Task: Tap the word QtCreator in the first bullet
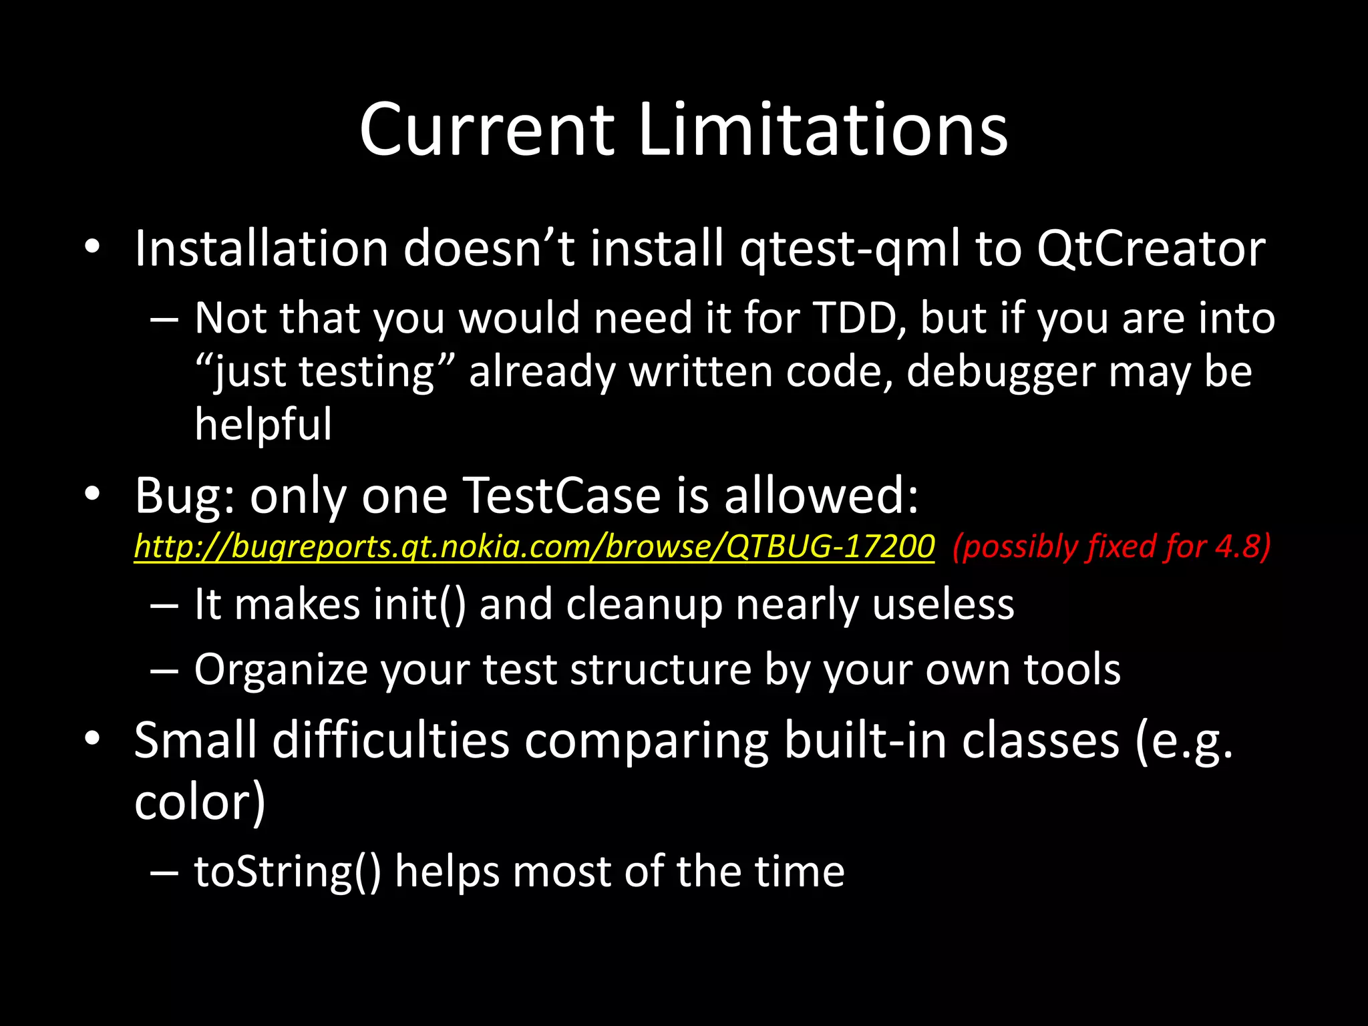[x=1150, y=249]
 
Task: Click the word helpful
[x=263, y=424]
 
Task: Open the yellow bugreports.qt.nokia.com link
[x=534, y=546]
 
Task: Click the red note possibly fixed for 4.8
[x=1111, y=546]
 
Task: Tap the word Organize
[x=280, y=669]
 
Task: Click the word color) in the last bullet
[x=200, y=802]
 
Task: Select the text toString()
[x=287, y=872]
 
